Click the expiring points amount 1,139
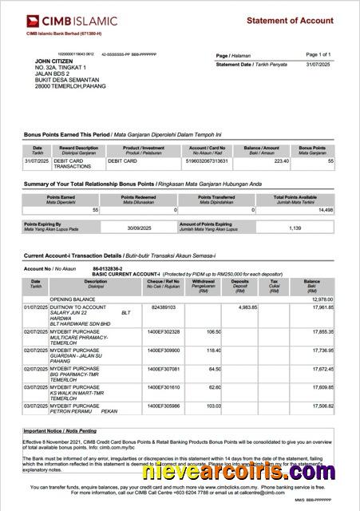(x=295, y=228)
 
